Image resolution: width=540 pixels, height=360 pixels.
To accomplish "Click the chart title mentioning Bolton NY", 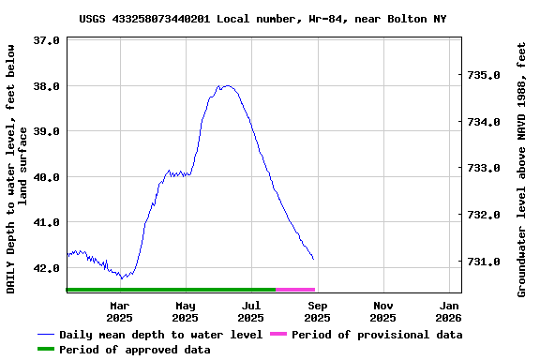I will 263,18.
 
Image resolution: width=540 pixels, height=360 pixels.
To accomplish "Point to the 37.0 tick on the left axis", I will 46,41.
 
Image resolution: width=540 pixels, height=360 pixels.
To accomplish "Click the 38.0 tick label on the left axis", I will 46,86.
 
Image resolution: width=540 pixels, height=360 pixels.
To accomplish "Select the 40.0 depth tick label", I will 46,177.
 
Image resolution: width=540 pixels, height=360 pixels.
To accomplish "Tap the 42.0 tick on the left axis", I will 46,268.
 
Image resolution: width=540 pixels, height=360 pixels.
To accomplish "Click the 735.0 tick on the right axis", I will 485,75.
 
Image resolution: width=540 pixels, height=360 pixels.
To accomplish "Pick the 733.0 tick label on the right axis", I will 485,169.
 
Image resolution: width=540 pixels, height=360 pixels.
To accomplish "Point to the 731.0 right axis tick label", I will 485,262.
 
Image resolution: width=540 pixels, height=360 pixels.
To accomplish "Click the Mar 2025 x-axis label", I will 120,311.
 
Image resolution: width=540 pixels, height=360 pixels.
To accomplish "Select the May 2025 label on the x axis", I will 186,311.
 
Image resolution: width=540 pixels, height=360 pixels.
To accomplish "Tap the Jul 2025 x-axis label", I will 251,311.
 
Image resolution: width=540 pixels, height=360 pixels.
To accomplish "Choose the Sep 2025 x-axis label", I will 318,311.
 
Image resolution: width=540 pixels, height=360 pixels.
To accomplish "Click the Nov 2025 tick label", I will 383,311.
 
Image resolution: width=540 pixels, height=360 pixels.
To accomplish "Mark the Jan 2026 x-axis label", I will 449,311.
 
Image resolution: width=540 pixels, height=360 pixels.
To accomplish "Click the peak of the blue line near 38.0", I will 226,85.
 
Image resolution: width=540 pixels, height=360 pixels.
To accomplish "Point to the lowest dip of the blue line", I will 122,277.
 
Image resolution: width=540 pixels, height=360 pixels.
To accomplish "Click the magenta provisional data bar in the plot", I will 295,290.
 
